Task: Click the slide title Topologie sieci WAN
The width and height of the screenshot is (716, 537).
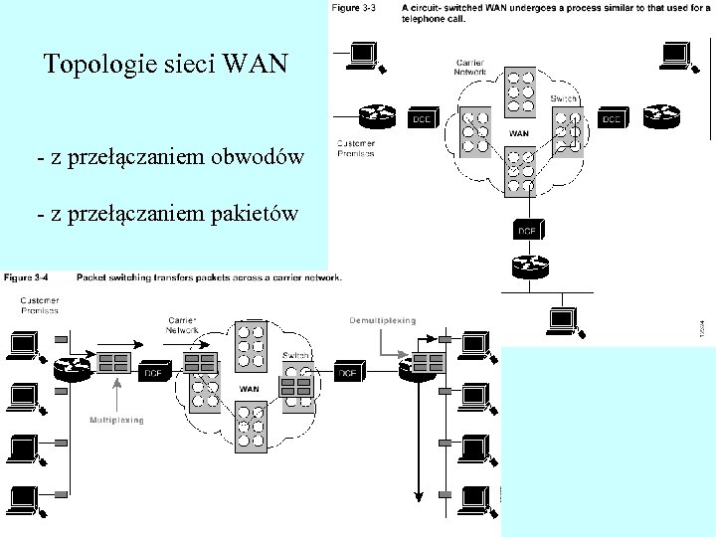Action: (x=165, y=66)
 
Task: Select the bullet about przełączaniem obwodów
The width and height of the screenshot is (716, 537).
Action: (x=169, y=158)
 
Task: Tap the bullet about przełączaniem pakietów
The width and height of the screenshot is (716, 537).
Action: (x=165, y=212)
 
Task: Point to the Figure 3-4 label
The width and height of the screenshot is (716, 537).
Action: (x=28, y=276)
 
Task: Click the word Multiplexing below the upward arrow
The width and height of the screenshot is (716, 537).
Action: (x=117, y=420)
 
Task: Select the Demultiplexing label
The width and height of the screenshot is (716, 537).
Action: (x=382, y=320)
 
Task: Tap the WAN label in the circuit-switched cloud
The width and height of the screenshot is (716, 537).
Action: (x=519, y=132)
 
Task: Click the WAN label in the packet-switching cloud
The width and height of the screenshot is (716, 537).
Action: (x=250, y=389)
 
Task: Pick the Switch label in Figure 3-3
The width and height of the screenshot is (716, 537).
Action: (x=565, y=99)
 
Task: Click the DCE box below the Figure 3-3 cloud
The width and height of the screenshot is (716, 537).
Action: (x=526, y=230)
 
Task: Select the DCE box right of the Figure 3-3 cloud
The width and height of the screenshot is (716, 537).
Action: (x=611, y=119)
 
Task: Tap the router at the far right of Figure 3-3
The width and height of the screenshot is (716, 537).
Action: (x=661, y=116)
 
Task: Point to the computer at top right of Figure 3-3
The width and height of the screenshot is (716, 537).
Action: (x=676, y=56)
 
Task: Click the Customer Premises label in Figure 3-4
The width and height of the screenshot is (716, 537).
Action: (x=40, y=304)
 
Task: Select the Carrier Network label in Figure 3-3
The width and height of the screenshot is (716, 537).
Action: (x=470, y=67)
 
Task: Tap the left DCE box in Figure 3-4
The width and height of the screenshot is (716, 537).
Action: (x=154, y=373)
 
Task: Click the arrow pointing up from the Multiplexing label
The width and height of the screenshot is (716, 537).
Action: (x=117, y=395)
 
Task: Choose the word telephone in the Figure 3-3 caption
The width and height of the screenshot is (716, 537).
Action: (x=427, y=19)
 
